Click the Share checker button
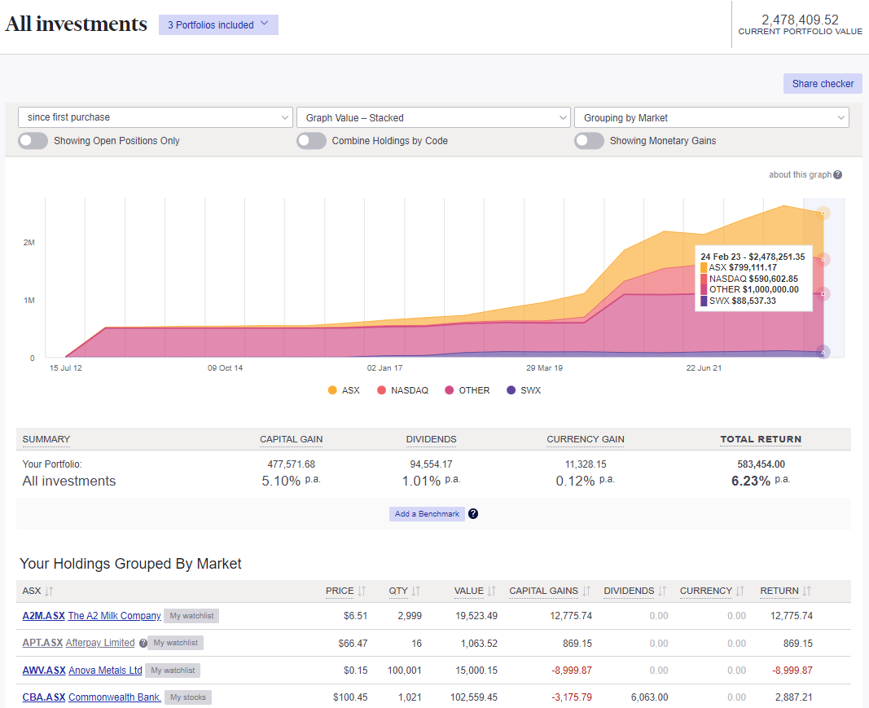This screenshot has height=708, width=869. [823, 83]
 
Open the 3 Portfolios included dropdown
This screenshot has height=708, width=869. [218, 24]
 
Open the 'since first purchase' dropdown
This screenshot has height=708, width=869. [155, 117]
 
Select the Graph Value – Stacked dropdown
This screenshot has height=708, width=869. [432, 117]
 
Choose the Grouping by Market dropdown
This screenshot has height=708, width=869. [711, 117]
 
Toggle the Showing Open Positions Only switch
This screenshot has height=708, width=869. [33, 141]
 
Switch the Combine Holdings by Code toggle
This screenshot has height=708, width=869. [312, 141]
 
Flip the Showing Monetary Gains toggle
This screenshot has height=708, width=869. [590, 141]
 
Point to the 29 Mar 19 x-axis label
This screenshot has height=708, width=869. [545, 368]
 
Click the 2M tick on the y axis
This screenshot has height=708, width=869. [29, 243]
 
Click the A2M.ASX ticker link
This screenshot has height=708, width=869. [42, 616]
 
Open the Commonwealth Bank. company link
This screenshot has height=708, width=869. [114, 697]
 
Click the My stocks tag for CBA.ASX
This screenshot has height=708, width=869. [187, 697]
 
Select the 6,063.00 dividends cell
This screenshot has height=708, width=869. [649, 697]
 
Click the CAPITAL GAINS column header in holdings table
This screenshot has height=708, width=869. [543, 591]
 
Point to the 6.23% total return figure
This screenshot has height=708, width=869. [750, 481]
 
